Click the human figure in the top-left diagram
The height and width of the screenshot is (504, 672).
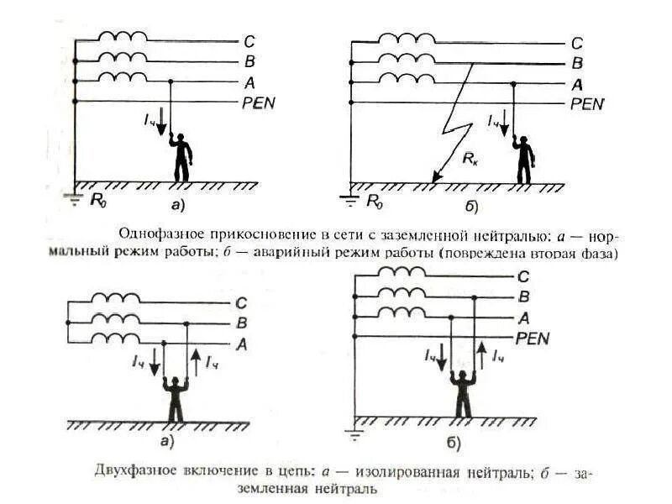point(181,157)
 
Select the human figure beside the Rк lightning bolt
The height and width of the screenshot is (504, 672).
point(524,160)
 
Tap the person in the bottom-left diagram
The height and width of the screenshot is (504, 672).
point(176,400)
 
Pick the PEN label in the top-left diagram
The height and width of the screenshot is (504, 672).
point(259,102)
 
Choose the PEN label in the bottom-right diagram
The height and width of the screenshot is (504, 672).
point(532,338)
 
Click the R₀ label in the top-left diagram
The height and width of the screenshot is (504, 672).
point(99,201)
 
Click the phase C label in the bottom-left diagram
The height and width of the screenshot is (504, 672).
point(241,303)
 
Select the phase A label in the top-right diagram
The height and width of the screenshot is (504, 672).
point(576,84)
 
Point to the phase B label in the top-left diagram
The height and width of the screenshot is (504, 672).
point(249,60)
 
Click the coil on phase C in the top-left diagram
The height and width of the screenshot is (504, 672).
point(123,37)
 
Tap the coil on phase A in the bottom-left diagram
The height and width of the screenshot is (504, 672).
point(116,338)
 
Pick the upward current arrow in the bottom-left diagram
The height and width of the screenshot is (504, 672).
point(194,362)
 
